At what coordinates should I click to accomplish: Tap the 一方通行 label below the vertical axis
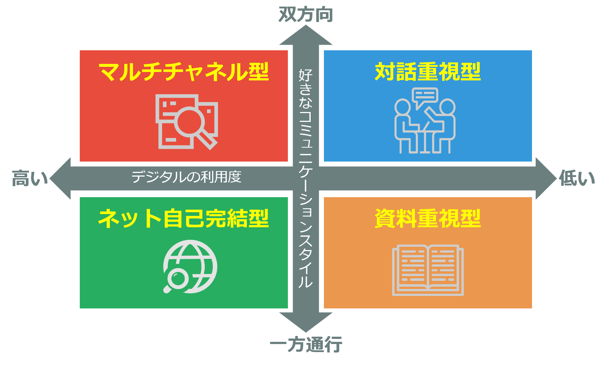click(306, 344)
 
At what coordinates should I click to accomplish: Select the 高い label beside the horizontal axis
click(30, 178)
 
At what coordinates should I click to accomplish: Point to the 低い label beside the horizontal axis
click(577, 178)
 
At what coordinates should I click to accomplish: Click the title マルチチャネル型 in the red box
click(184, 72)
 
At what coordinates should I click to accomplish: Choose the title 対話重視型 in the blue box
click(428, 72)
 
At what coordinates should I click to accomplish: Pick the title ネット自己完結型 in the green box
click(183, 218)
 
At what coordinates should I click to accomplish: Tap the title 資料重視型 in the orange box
click(428, 218)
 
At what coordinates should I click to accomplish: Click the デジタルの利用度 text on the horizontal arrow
click(186, 177)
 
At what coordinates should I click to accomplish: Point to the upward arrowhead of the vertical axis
click(306, 35)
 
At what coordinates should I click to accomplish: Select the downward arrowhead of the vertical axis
click(306, 322)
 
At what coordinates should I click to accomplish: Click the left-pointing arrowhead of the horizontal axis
click(60, 178)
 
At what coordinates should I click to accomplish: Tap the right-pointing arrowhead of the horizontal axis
click(546, 178)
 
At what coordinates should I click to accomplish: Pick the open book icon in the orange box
click(428, 270)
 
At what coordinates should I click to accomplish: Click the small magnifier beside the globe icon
click(176, 280)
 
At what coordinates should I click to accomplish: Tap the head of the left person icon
click(403, 107)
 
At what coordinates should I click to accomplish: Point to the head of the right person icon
click(447, 107)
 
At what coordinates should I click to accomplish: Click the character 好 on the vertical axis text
click(306, 75)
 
